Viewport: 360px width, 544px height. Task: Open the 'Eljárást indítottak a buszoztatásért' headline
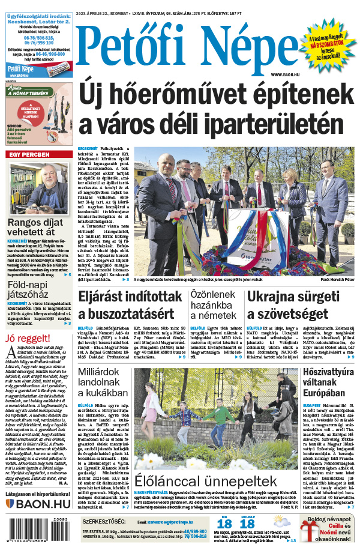[130, 304]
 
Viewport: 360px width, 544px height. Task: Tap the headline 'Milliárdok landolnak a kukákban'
[103, 382]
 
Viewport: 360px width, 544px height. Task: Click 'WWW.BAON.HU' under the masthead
[284, 74]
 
